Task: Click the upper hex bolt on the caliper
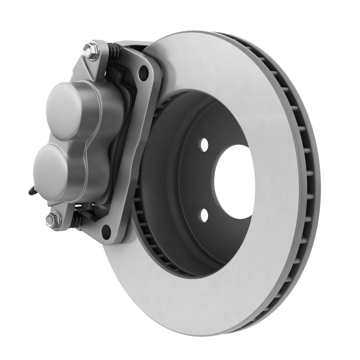[x=91, y=50]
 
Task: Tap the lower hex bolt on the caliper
[x=53, y=220]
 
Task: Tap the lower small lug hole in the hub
[x=204, y=215]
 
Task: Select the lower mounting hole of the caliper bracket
[x=106, y=231]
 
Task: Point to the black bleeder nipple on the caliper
[x=31, y=191]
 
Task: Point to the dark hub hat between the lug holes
[x=180, y=180]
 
